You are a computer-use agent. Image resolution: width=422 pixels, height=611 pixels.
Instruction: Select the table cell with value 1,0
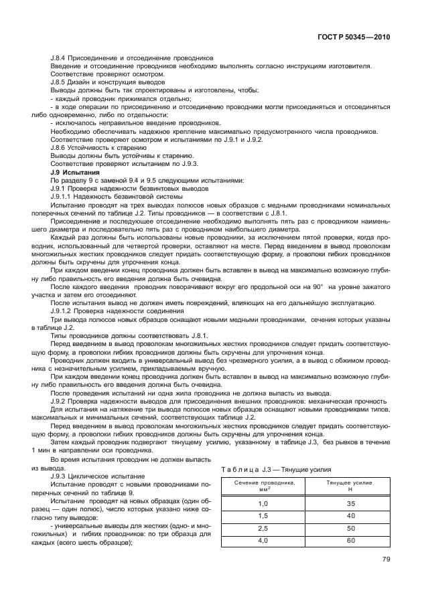point(263,503)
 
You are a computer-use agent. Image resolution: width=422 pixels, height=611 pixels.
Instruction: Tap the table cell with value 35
point(350,503)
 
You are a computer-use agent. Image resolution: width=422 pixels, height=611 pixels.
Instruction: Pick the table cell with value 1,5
point(263,515)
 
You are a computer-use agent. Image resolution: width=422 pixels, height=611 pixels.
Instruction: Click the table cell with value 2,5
point(263,528)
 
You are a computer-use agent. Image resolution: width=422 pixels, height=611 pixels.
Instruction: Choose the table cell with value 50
point(350,528)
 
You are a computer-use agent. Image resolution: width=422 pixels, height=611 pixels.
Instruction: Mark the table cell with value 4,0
point(263,541)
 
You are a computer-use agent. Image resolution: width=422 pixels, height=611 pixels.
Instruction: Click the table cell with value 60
point(350,541)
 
